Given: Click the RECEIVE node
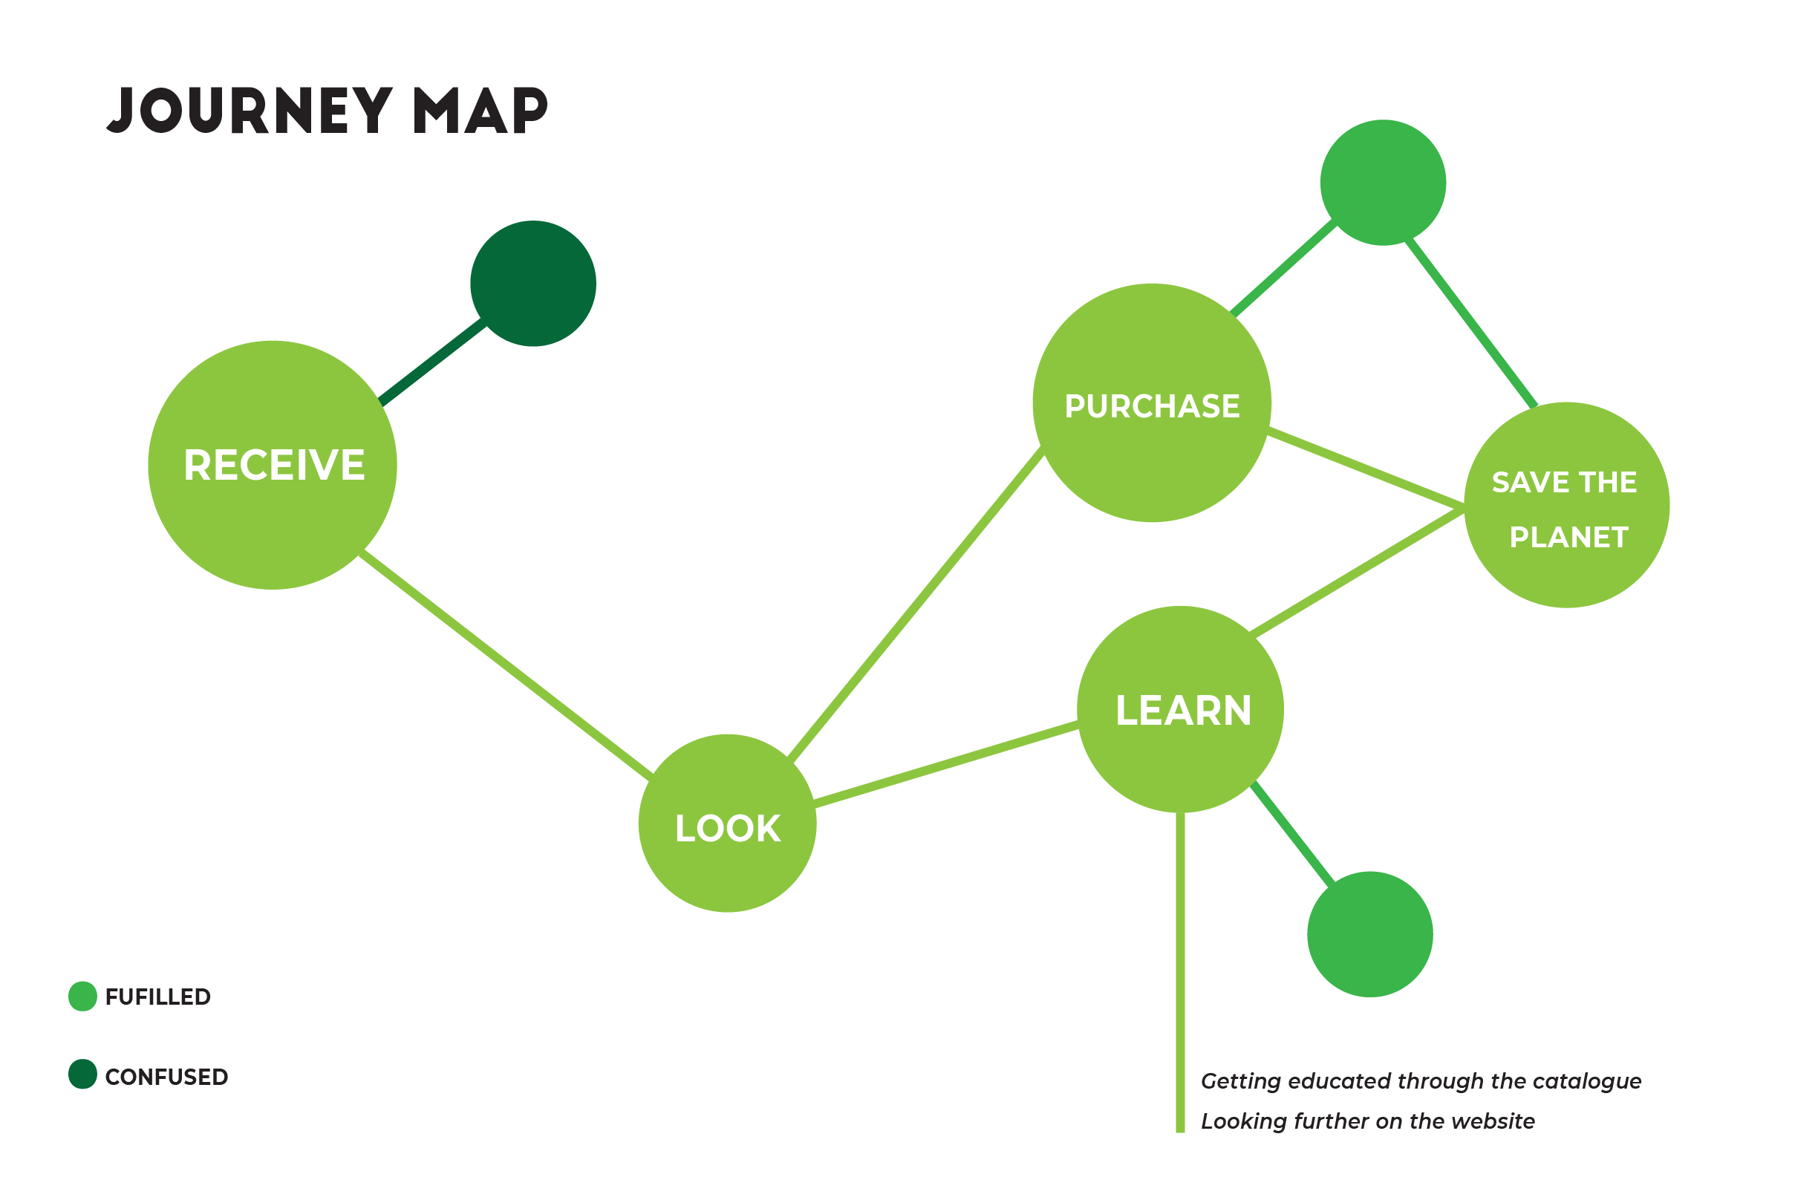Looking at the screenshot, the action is click(272, 464).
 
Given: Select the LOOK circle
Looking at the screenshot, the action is click(727, 824).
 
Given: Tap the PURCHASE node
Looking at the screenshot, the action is click(1152, 403).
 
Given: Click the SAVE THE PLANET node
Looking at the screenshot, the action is click(1567, 505).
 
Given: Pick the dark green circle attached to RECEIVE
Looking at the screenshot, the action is click(533, 284).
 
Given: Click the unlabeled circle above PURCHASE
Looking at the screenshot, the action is click(1384, 183).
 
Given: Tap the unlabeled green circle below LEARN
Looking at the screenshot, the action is click(1369, 934).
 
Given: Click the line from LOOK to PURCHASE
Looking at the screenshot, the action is click(915, 604).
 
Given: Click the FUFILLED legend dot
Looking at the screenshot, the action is click(82, 996).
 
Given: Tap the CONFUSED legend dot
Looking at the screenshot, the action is click(82, 1074).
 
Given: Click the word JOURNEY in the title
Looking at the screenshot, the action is click(249, 111).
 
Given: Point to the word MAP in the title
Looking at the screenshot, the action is click(480, 111).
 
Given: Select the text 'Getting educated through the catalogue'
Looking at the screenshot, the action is click(1421, 1080).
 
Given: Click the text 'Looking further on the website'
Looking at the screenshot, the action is click(1367, 1121).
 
